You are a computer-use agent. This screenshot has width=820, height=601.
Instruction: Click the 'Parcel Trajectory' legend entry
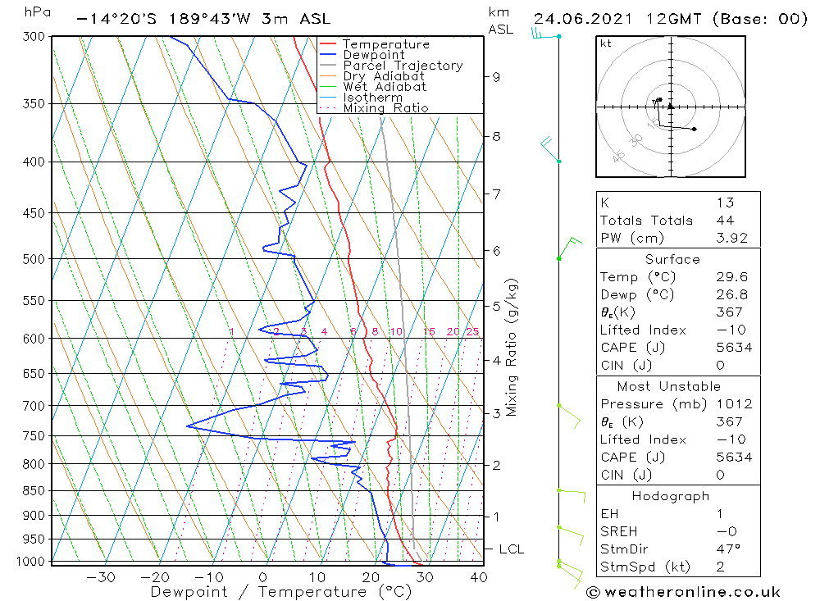click(x=403, y=66)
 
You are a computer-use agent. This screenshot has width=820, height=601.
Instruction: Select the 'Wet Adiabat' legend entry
click(x=385, y=87)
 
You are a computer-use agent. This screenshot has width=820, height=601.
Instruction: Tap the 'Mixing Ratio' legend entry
click(x=385, y=108)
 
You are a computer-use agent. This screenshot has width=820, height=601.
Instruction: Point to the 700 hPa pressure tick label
click(x=35, y=406)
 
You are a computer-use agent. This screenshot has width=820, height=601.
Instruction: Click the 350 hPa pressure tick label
click(x=35, y=104)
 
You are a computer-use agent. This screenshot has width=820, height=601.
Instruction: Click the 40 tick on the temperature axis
click(x=478, y=577)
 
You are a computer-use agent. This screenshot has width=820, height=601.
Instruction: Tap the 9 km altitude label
click(x=496, y=77)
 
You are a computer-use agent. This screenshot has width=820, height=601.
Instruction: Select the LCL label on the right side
click(x=511, y=549)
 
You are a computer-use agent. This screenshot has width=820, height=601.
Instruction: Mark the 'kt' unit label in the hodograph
click(x=606, y=43)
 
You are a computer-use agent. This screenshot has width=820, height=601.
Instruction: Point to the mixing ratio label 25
click(x=472, y=331)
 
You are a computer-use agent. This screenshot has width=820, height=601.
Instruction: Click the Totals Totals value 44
click(x=725, y=220)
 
